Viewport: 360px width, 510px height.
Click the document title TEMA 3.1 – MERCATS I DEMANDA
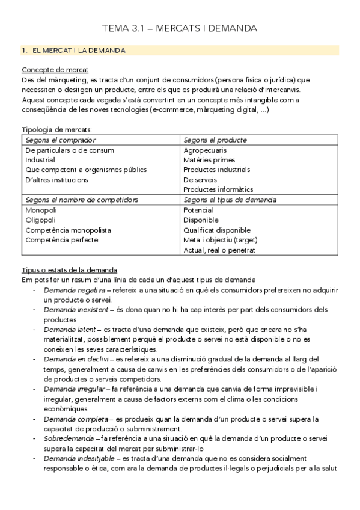[180, 28]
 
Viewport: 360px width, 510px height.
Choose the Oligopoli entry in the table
[40, 220]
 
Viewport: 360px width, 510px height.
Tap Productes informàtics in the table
[218, 189]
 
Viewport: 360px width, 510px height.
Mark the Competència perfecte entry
[59, 240]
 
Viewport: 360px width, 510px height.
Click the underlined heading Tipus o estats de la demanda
[69, 270]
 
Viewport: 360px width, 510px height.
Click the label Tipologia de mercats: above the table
[56, 129]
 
